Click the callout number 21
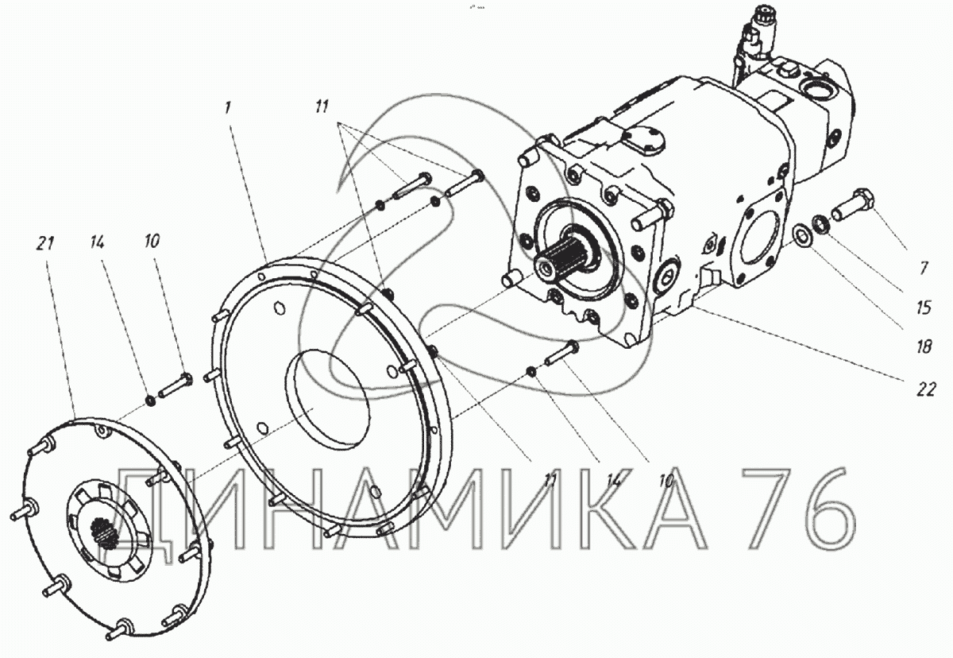coord(45,243)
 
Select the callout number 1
coord(228,108)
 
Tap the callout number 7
coord(923,268)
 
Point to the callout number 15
coord(924,308)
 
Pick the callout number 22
coord(926,389)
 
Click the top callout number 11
coord(322,106)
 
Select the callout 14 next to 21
coord(97,242)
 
